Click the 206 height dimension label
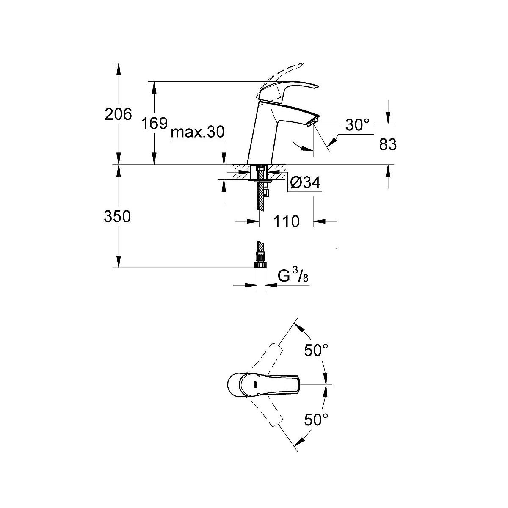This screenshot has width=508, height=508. (x=118, y=114)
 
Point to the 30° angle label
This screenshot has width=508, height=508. (x=357, y=125)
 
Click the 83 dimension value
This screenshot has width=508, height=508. (x=388, y=144)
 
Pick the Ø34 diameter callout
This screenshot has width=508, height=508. (x=305, y=182)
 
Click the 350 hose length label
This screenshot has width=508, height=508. (x=117, y=216)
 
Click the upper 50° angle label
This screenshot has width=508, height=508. (x=316, y=351)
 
